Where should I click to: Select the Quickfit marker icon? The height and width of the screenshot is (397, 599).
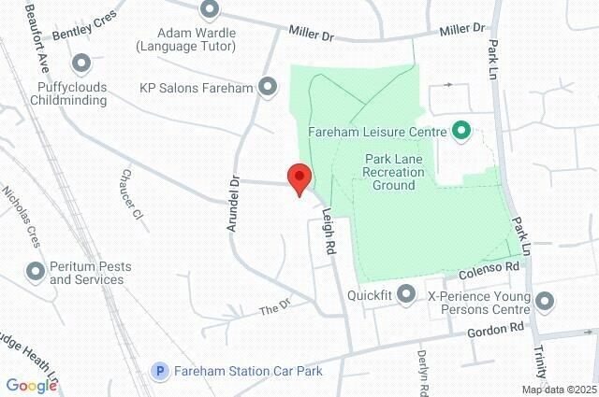406,295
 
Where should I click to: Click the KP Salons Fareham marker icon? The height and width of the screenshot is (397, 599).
269,88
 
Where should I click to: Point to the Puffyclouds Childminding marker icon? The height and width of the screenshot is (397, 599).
81,64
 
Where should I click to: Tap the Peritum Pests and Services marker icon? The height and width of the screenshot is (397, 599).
36,272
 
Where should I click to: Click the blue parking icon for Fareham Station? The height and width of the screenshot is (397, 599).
160,371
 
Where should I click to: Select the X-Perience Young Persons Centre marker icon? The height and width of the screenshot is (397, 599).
545,302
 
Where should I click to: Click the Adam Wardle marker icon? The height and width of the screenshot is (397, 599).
210,10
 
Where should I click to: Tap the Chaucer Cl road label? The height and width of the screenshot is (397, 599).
130,192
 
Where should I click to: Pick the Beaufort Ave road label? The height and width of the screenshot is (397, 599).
38,38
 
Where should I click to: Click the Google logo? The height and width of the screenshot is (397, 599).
31,385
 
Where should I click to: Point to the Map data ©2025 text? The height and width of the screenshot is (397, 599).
558,390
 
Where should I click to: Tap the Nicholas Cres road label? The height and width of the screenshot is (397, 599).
22,215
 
